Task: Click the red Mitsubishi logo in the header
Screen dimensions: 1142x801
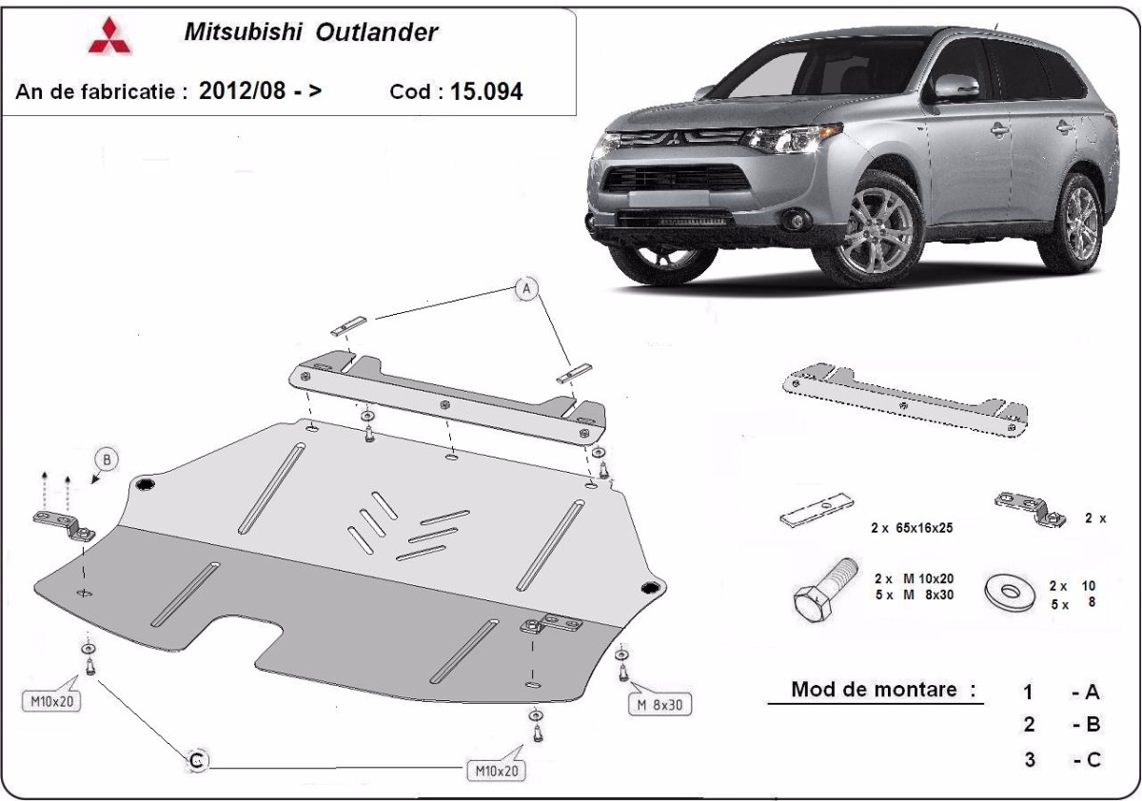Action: point(109,35)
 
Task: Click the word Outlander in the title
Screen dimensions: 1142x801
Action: point(376,32)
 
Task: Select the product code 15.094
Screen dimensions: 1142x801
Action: point(486,91)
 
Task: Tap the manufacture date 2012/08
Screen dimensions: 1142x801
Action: point(242,90)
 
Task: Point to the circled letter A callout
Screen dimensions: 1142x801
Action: point(526,289)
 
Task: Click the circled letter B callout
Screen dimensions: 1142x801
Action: point(107,459)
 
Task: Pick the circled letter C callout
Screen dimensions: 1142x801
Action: point(197,761)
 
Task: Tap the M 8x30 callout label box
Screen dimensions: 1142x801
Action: point(660,705)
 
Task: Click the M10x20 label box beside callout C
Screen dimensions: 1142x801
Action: point(496,771)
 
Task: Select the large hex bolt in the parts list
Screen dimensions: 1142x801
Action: point(823,590)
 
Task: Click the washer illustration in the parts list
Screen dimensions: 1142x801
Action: point(1010,592)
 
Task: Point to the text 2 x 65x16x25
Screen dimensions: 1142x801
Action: point(912,528)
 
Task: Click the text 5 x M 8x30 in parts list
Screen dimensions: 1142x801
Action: point(915,595)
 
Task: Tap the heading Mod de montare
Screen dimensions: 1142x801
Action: point(874,690)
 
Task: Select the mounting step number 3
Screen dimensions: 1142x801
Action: point(1030,760)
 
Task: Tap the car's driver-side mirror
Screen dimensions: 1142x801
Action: point(956,88)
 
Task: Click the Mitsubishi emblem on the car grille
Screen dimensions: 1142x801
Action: point(674,137)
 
